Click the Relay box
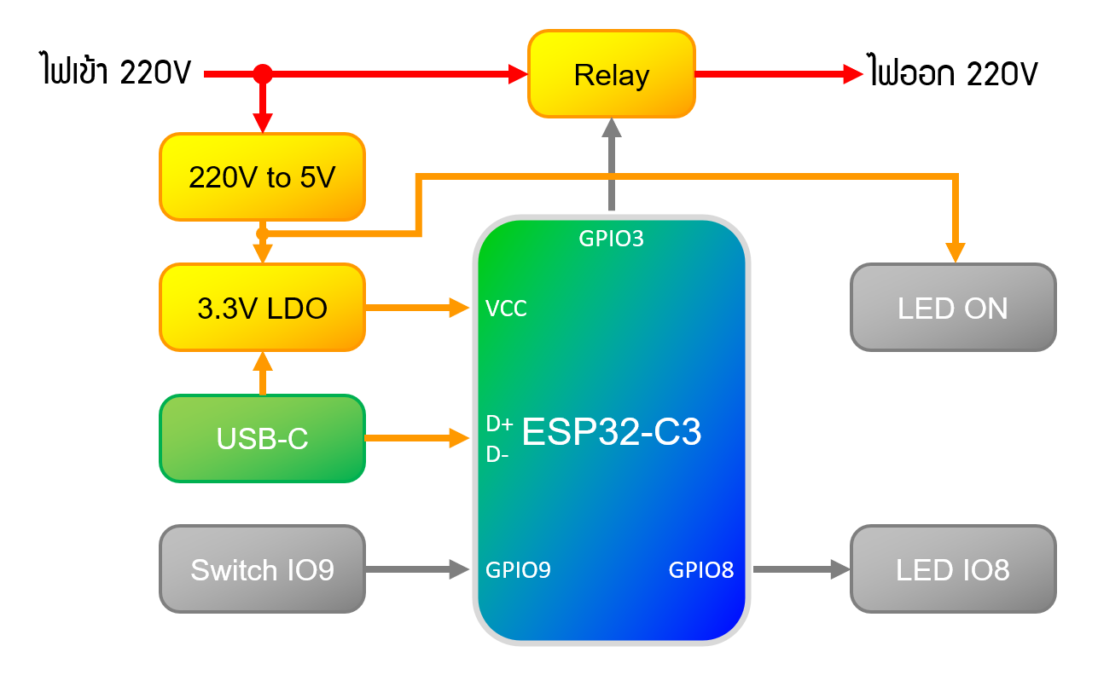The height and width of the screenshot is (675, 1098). [612, 74]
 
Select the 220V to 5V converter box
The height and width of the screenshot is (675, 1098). [263, 177]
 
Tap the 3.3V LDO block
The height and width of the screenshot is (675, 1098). [263, 308]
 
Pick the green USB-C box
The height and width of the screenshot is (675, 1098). [263, 438]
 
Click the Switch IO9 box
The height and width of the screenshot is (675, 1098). [263, 568]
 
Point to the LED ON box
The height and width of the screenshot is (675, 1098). [953, 308]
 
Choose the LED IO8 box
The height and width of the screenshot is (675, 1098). [953, 568]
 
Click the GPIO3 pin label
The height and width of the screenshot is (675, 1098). [611, 239]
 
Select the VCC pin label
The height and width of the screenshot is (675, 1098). [506, 309]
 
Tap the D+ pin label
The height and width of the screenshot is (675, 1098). [499, 424]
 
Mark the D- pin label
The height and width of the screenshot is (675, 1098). [497, 454]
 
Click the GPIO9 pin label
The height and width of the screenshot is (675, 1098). [518, 569]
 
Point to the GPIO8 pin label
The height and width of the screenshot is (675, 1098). [701, 569]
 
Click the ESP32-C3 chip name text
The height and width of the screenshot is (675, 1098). [611, 432]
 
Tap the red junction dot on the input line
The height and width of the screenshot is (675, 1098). [263, 74]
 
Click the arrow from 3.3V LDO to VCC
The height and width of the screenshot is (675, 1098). [417, 308]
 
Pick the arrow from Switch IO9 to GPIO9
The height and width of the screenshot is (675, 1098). [417, 568]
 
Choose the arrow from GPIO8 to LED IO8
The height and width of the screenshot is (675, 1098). [801, 568]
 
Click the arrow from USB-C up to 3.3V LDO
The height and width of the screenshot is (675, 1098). [263, 373]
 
